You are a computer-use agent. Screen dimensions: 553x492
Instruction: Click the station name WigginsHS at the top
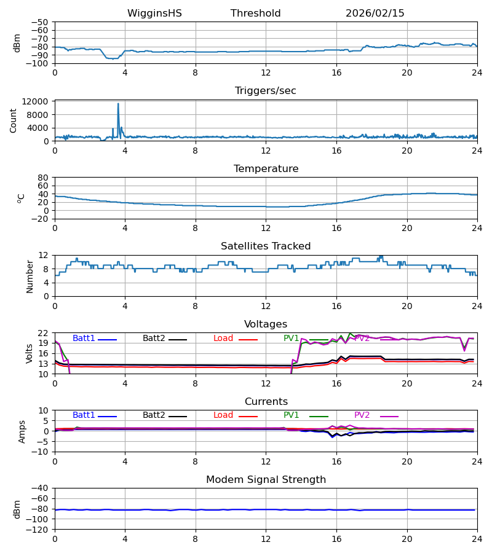point(154,14)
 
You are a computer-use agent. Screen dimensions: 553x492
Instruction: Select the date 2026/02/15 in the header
point(375,14)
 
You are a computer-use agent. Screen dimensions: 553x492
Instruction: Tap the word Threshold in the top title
point(255,14)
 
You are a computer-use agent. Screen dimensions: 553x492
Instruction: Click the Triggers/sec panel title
point(265,91)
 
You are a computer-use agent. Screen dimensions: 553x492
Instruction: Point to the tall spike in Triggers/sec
point(118,104)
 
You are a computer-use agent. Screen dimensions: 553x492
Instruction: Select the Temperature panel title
point(266,169)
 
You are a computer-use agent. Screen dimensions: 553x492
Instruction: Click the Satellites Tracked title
point(266,246)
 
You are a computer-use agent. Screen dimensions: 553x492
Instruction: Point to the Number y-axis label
point(30,276)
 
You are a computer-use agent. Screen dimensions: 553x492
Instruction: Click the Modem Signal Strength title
point(266,480)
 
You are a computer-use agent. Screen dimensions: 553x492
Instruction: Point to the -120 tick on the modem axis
point(38,530)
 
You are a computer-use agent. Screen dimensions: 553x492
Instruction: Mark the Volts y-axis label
point(30,353)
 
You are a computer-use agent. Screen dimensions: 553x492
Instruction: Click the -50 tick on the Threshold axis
point(41,22)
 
